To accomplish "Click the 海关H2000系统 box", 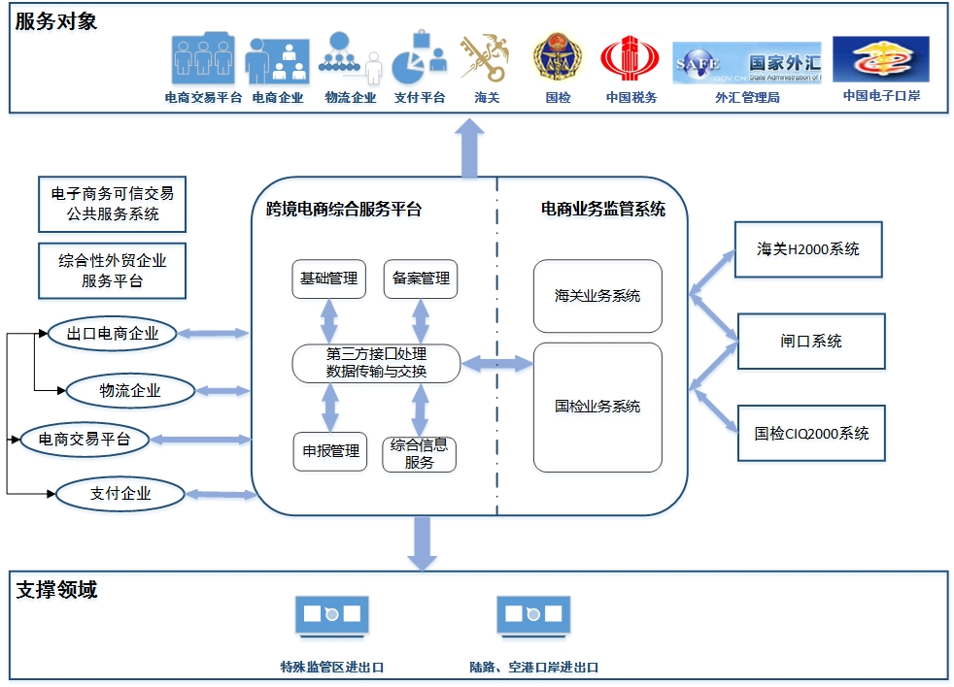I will tap(810, 249).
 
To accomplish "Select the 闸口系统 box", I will tap(810, 341).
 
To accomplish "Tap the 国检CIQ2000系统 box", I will tap(810, 434).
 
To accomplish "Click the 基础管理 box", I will tap(329, 278).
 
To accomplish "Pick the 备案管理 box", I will tap(421, 278).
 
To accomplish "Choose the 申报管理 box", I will tap(330, 451).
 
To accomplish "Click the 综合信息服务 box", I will tap(420, 453).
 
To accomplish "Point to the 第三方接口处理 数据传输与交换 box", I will tap(376, 363).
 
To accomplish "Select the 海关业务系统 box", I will tap(597, 296).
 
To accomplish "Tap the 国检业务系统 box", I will tap(597, 407).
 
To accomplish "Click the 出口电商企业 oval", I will tap(113, 334).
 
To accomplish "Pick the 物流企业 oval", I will tap(130, 391).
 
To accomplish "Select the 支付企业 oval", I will tap(120, 493).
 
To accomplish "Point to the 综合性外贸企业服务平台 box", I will tap(112, 271).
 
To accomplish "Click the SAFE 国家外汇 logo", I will tap(747, 63).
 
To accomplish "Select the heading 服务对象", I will tap(56, 21).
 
